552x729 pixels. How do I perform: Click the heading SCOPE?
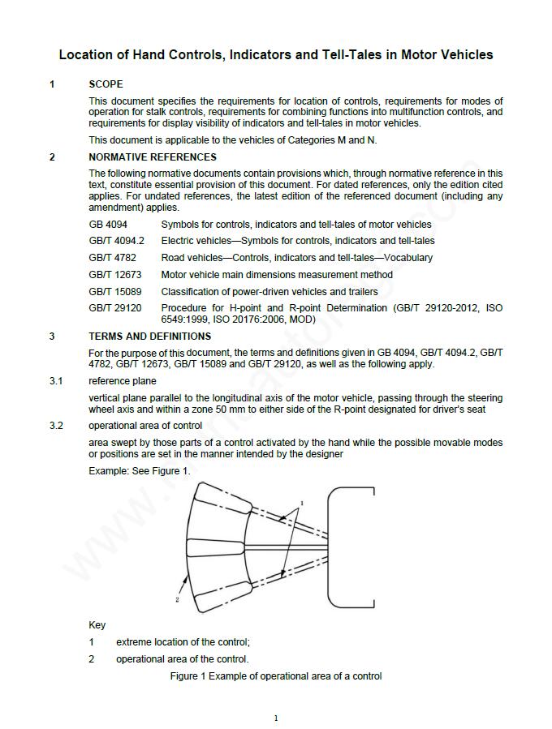pos(106,84)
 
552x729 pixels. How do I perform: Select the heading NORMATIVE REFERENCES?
pos(153,157)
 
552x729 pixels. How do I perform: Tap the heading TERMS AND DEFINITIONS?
pos(149,337)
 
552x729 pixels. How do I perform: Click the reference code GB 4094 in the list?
pos(108,225)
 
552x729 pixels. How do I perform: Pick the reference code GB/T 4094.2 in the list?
pos(116,241)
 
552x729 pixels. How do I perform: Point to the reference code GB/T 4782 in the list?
pos(112,258)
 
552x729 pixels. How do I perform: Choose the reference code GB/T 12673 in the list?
pos(114,275)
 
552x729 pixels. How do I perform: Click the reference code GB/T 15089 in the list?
pos(114,292)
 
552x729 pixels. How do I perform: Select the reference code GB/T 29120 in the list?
pos(114,308)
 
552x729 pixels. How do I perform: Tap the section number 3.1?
pos(55,381)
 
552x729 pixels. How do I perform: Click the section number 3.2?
pos(55,426)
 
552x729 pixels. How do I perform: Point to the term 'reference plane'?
pos(123,381)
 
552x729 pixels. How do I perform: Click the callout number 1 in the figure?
pos(302,504)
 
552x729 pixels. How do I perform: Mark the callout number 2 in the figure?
pos(177,600)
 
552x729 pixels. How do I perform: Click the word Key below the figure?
pos(97,625)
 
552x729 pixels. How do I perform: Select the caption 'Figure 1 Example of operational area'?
pos(275,676)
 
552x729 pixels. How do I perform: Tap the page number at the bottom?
pos(276,718)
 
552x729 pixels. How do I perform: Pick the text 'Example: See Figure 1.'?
pos(139,471)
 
